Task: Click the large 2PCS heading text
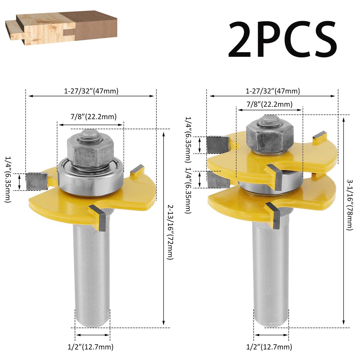(282, 40)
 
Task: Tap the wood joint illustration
(61, 28)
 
